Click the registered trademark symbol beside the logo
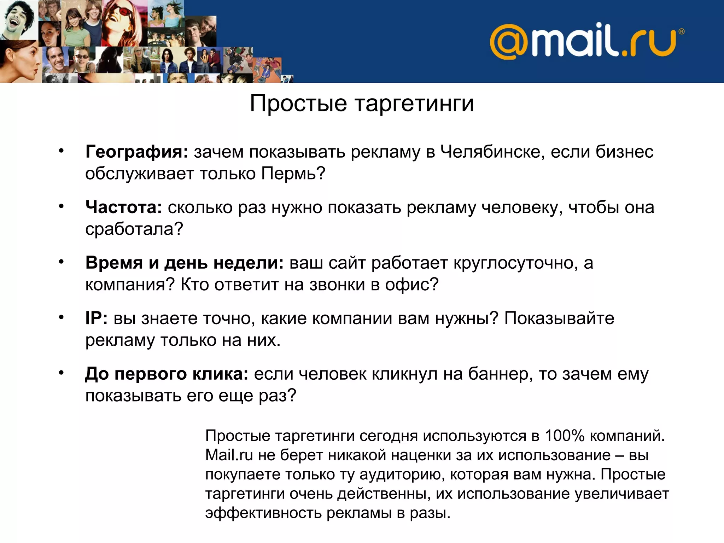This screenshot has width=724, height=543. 682,31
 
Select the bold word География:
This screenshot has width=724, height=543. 137,152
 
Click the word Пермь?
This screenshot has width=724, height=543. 293,174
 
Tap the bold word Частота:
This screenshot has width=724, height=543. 123,207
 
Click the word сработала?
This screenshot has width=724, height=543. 134,229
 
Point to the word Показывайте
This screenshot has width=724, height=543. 559,318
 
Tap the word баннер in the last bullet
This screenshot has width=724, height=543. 500,374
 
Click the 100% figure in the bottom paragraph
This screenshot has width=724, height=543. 564,436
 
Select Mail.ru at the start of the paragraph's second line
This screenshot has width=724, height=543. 229,455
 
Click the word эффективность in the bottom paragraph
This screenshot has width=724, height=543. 263,513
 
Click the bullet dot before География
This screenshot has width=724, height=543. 61,151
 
